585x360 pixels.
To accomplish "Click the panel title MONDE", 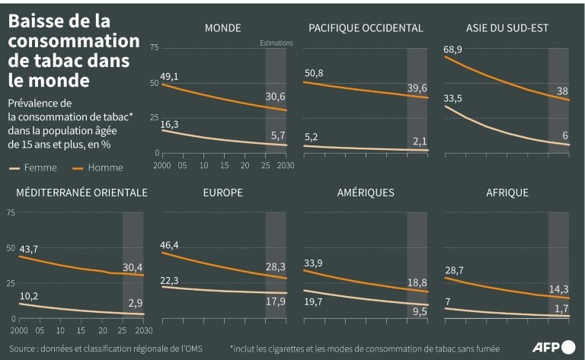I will click(x=222, y=28).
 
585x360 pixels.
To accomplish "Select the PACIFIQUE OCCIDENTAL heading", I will click(x=366, y=28).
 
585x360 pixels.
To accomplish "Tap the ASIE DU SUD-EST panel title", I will click(x=507, y=28).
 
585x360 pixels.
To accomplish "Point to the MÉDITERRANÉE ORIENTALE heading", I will click(x=82, y=193).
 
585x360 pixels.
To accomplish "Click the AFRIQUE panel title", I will click(x=507, y=193).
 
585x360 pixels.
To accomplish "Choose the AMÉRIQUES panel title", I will click(x=366, y=193).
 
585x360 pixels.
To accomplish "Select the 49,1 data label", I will click(x=169, y=77).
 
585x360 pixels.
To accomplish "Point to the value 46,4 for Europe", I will click(x=169, y=245).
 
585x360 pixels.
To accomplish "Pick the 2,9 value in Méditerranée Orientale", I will click(x=136, y=303).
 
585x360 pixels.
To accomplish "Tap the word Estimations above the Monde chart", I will click(x=276, y=43).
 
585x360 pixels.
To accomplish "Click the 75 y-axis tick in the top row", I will click(x=155, y=48).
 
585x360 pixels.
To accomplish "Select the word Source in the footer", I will click(x=22, y=348).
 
